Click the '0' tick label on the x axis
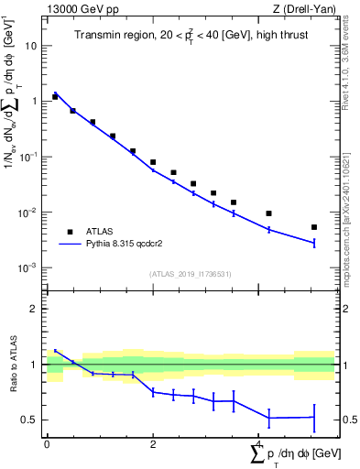tap(47, 444)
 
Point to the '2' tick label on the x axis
tap(153, 444)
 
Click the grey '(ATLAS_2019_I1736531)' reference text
tap(191, 274)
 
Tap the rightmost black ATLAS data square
tap(314, 227)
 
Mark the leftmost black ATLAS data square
tap(55, 96)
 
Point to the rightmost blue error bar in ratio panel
tap(314, 418)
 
